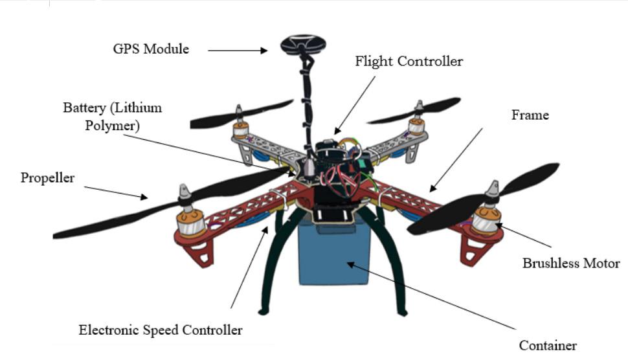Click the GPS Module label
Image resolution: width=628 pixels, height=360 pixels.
tap(151, 49)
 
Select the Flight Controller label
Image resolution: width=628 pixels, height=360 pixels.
tap(409, 62)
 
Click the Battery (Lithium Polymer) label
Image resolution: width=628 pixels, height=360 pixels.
tap(112, 116)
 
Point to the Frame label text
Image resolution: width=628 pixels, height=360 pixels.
tap(530, 115)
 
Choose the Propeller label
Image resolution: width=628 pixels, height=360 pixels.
tap(47, 177)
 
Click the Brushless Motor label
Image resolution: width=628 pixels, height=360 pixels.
tap(571, 264)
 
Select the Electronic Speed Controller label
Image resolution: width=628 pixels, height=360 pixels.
tap(161, 330)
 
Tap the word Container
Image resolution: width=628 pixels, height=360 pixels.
tap(548, 345)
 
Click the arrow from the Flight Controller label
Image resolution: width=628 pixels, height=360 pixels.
tap(355, 104)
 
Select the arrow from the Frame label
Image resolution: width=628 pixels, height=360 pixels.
tap(456, 159)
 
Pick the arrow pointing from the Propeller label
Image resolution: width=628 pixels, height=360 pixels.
tap(117, 192)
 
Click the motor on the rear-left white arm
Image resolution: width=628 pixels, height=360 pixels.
tap(242, 122)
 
